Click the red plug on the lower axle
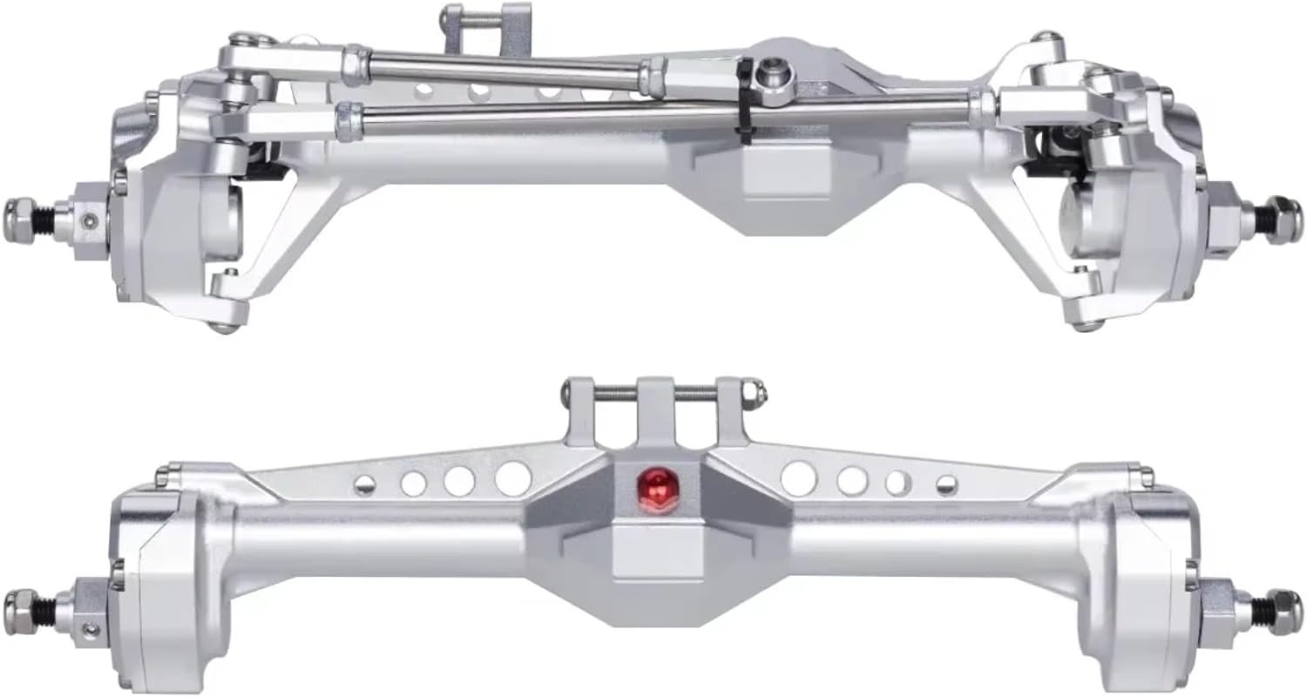[x=655, y=482]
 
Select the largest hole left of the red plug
[x=512, y=478]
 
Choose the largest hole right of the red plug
[x=798, y=478]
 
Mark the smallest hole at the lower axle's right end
[x=946, y=484]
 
